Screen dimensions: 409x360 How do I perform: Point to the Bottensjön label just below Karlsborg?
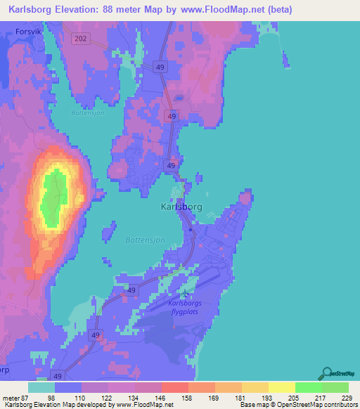pos(145,240)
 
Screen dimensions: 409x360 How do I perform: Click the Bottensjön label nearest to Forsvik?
pos(88,112)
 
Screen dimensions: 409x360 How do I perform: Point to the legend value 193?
pos(267,398)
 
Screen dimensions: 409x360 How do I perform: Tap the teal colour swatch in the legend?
pos(41,387)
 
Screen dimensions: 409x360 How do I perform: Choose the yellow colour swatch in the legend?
pos(281,387)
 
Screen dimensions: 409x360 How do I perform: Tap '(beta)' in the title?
pos(276,9)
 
